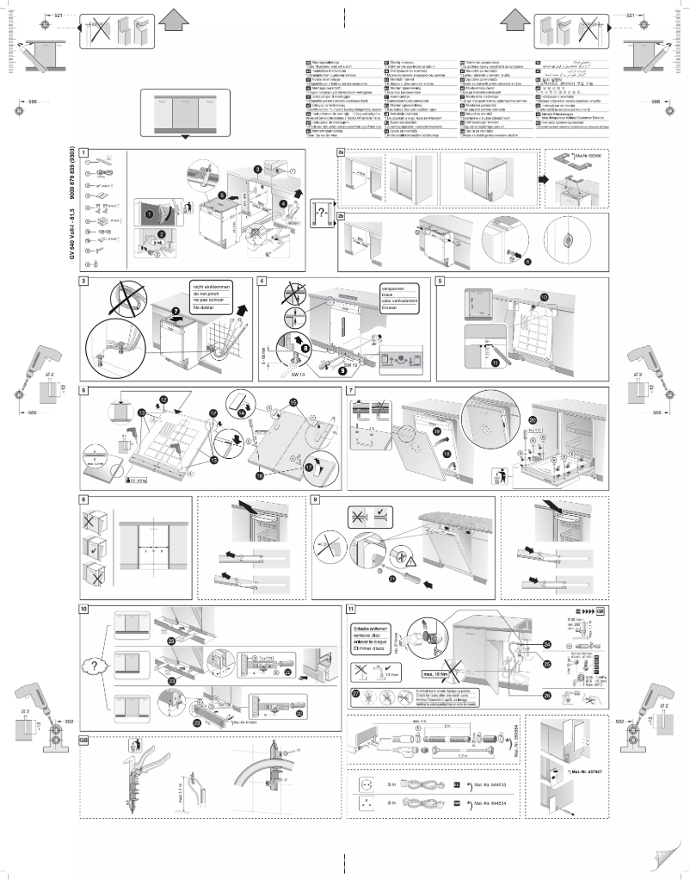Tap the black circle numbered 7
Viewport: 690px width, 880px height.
tap(176, 310)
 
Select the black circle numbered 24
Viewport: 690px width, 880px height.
tap(548, 644)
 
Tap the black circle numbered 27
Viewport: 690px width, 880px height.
tap(357, 692)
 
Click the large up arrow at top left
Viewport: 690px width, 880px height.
tap(174, 19)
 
